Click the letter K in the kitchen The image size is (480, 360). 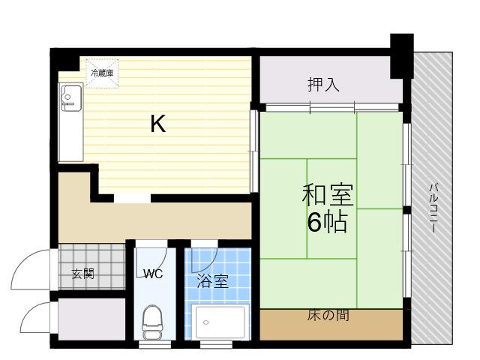(x=158, y=123)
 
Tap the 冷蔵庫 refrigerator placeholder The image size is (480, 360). (x=102, y=73)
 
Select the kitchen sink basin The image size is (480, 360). (x=71, y=98)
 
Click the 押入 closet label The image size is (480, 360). (x=323, y=85)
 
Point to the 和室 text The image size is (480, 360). (x=328, y=195)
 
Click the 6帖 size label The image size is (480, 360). (x=328, y=222)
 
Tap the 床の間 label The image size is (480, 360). (x=328, y=315)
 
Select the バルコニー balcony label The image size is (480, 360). (x=433, y=208)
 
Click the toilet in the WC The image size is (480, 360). (x=152, y=322)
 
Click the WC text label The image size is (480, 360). (x=153, y=274)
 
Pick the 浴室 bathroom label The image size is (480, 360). (x=213, y=281)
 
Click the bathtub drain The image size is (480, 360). (x=206, y=322)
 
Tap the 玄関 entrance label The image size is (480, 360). (x=83, y=274)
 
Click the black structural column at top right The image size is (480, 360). (x=402, y=56)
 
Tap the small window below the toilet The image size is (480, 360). (x=154, y=345)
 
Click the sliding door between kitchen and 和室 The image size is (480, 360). (x=254, y=151)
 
